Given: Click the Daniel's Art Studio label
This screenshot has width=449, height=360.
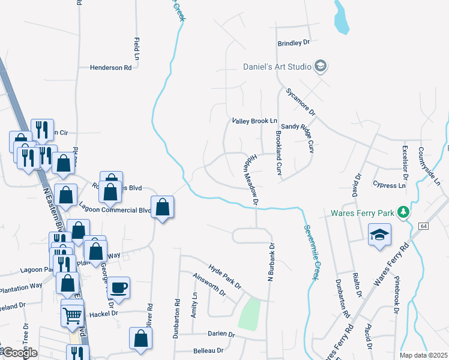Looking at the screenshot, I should (x=277, y=66).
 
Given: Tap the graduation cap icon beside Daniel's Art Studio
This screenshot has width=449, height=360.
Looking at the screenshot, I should (x=321, y=66).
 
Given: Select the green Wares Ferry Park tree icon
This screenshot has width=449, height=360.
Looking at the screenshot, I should (x=405, y=212).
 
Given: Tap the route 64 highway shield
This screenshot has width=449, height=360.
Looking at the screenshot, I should (x=424, y=225).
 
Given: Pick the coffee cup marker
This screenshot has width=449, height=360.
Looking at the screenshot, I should (x=119, y=287).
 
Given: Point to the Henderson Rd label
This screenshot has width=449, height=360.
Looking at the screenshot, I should (x=110, y=68).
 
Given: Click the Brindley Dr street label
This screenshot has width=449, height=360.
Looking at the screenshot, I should (x=293, y=43).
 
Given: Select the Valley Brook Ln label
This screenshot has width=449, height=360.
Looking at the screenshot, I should (x=255, y=121).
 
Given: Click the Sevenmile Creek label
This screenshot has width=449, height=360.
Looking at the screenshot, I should (x=312, y=252).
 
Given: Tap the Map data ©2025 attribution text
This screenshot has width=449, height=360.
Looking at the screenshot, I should (x=423, y=355).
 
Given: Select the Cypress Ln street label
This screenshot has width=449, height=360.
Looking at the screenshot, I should (x=389, y=185).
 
